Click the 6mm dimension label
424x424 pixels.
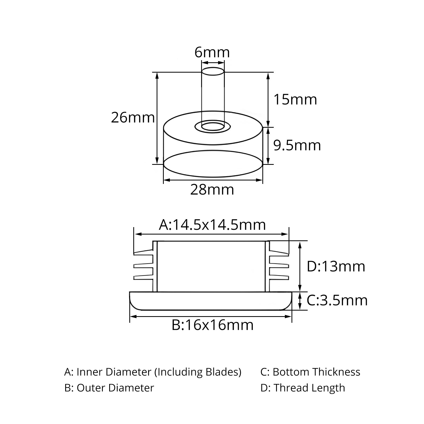coord(212,52)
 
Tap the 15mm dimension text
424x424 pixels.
coord(295,100)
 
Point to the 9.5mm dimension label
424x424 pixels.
coord(297,145)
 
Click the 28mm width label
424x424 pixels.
coord(212,190)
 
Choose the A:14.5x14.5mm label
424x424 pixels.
coord(212,225)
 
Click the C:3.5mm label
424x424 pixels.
coord(337,301)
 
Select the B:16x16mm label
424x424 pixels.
coord(213,325)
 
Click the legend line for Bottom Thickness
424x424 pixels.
coord(310,372)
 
